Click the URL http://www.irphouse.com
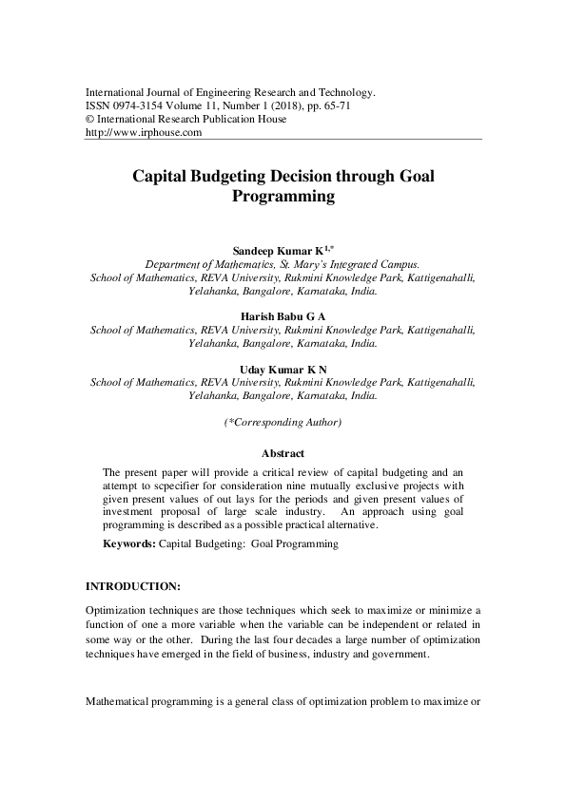145,133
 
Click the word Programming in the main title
283,198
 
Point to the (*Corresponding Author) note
283,421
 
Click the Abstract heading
283,453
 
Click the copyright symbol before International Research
89,120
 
